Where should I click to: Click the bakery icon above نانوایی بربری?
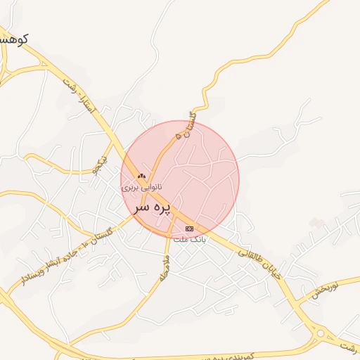point(142,176)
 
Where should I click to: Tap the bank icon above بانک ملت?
point(188,229)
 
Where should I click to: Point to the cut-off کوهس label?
point(13,40)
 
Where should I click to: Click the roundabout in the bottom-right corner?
point(321,333)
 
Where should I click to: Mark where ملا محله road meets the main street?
point(171,238)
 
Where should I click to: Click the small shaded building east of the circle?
point(317,223)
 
